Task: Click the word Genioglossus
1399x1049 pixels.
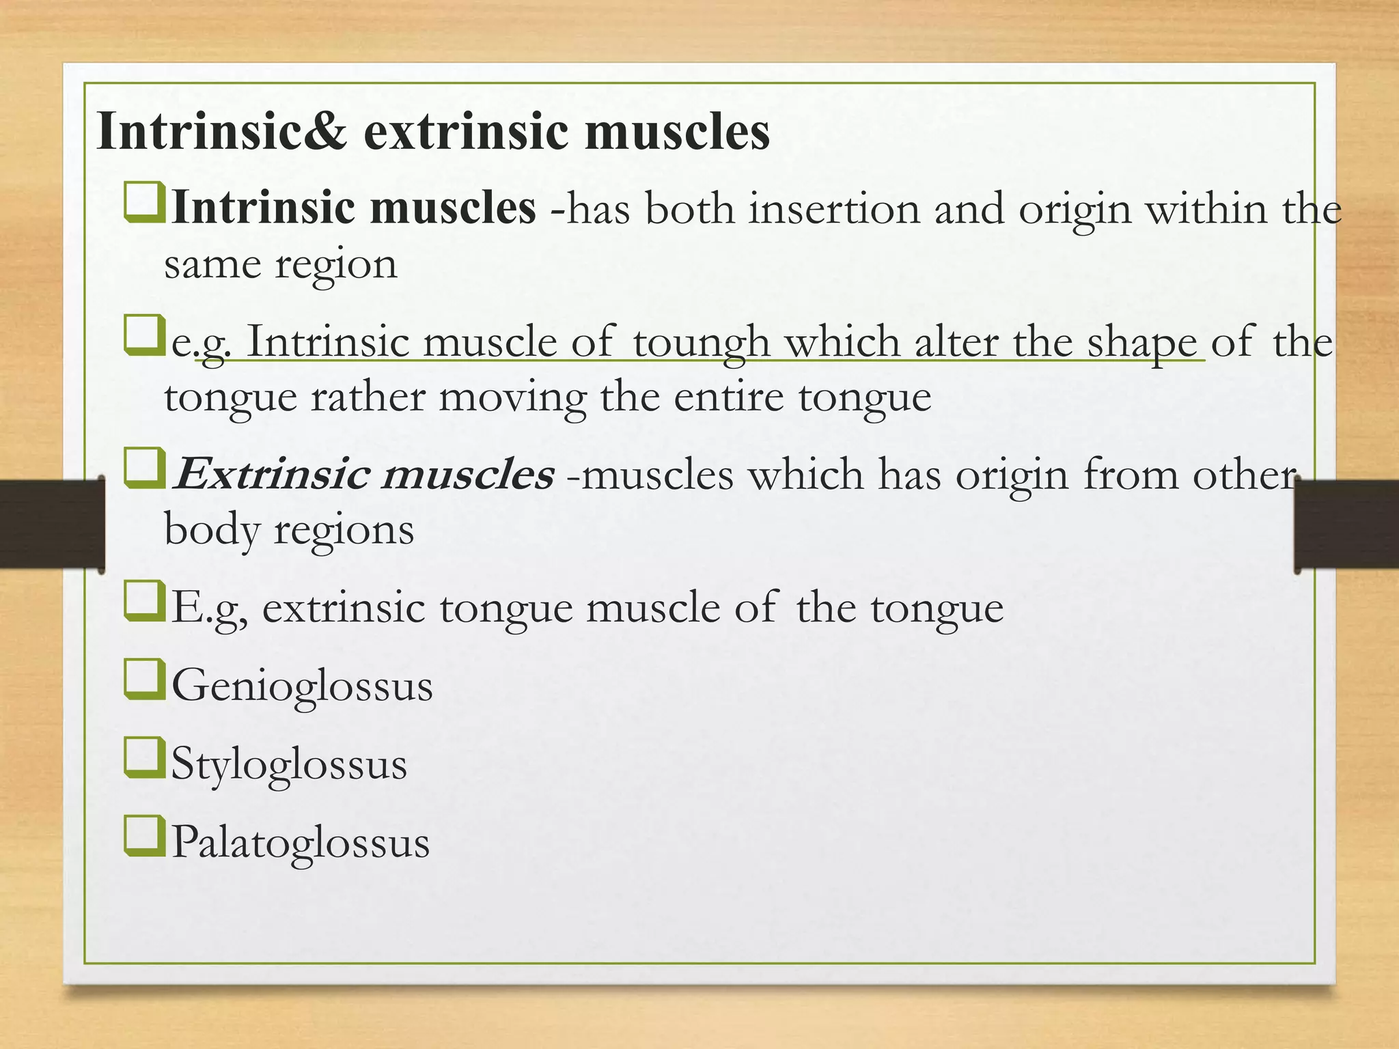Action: pyautogui.click(x=302, y=686)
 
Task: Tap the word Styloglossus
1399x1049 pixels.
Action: pyautogui.click(x=289, y=764)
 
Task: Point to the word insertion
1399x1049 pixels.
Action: pyautogui.click(x=834, y=209)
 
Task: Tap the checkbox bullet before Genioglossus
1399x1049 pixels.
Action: pyautogui.click(x=144, y=680)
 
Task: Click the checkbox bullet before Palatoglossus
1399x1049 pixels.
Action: pyautogui.click(x=144, y=837)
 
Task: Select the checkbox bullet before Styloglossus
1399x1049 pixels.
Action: pyautogui.click(x=144, y=758)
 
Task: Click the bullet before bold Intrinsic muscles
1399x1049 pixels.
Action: pyautogui.click(x=144, y=202)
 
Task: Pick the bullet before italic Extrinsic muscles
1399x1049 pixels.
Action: pyautogui.click(x=144, y=469)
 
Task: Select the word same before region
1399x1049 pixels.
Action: pyautogui.click(x=212, y=264)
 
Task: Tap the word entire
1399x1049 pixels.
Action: pyautogui.click(x=728, y=397)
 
